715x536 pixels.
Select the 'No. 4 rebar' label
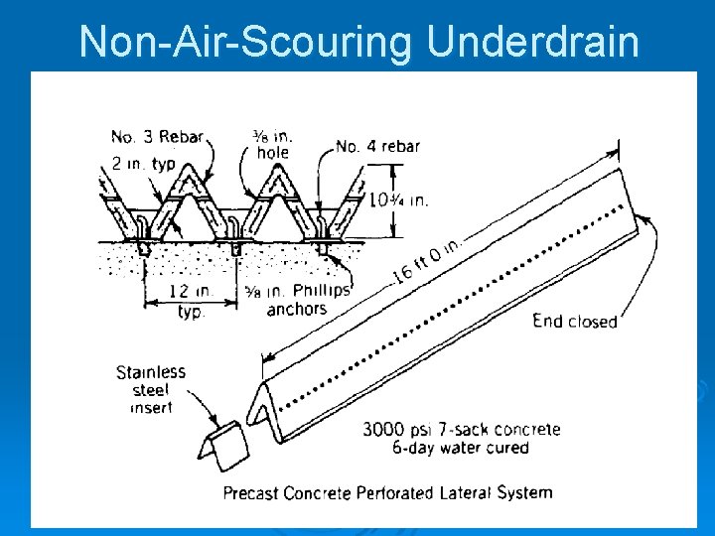point(377,146)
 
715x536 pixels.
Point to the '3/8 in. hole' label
point(272,144)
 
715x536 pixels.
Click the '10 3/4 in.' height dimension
point(398,200)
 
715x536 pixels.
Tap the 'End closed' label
point(574,321)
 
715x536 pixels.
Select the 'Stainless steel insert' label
point(151,388)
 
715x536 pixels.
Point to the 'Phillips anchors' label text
point(298,300)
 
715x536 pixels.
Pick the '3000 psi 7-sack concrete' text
point(460,430)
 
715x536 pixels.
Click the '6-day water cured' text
point(460,448)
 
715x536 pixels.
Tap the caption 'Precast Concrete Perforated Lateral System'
point(387,492)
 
